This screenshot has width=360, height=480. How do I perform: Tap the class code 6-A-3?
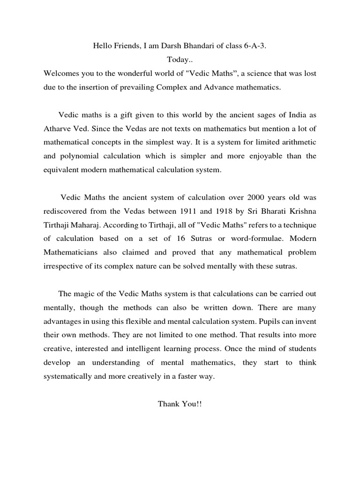[x=259, y=45]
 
